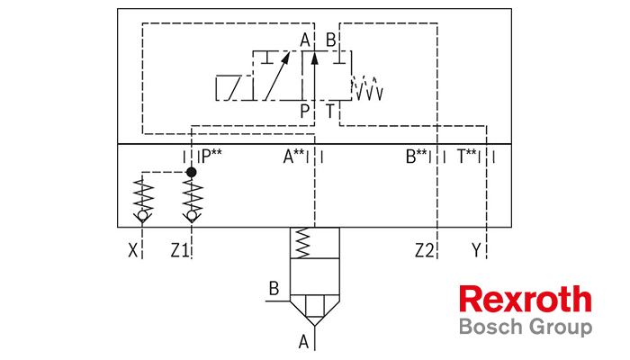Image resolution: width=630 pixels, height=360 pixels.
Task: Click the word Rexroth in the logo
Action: click(x=526, y=300)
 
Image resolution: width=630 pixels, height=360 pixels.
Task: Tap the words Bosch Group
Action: click(x=526, y=327)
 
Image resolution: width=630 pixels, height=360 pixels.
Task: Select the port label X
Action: click(x=133, y=251)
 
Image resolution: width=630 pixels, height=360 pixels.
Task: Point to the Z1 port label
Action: click(x=180, y=251)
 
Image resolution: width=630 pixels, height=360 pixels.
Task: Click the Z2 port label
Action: click(x=425, y=251)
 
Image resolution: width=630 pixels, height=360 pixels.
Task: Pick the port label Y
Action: click(x=476, y=251)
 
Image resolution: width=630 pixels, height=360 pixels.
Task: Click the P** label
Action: click(x=211, y=157)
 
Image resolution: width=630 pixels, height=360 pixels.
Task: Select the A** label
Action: click(x=293, y=157)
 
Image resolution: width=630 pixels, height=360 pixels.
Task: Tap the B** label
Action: click(x=416, y=157)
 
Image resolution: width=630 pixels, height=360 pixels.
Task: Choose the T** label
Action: click(x=467, y=157)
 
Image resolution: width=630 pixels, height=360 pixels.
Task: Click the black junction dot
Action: click(x=192, y=173)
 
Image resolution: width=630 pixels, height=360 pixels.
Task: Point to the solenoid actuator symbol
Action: click(x=234, y=87)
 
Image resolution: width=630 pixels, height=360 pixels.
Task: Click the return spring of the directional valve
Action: click(x=367, y=87)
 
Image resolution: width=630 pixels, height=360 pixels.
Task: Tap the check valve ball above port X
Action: click(x=142, y=216)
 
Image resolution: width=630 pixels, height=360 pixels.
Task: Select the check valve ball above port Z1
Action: click(x=192, y=216)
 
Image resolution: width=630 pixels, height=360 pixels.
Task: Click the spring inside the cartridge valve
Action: click(x=303, y=243)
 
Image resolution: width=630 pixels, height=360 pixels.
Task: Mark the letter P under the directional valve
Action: click(x=305, y=111)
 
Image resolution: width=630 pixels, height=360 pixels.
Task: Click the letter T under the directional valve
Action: click(x=330, y=111)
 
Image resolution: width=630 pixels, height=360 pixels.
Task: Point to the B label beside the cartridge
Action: click(x=274, y=289)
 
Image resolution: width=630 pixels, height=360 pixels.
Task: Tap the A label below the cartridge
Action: click(x=304, y=342)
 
